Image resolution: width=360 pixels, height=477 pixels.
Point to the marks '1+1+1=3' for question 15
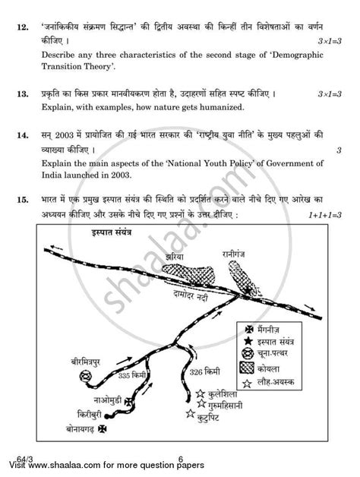318,216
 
